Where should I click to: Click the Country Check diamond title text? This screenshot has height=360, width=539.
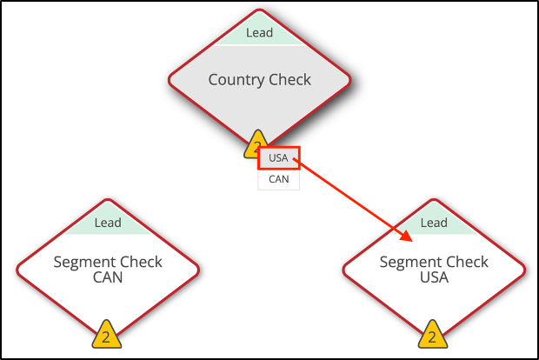point(259,80)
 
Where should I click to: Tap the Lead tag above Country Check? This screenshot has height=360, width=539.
point(259,33)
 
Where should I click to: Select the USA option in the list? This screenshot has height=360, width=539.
point(278,158)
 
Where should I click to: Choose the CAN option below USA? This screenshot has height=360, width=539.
point(278,179)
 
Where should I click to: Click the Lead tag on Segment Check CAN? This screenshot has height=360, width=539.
point(107,223)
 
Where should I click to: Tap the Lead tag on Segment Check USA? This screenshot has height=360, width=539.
point(433,223)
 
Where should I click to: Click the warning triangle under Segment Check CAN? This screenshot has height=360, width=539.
point(106,336)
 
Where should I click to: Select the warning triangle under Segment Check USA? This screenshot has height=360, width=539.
point(433,336)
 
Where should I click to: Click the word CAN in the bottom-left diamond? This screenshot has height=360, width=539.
point(107,278)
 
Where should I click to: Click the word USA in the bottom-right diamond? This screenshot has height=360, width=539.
point(433,278)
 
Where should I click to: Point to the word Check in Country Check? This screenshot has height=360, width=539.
point(290,80)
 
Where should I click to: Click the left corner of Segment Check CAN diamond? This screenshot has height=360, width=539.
point(18,270)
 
